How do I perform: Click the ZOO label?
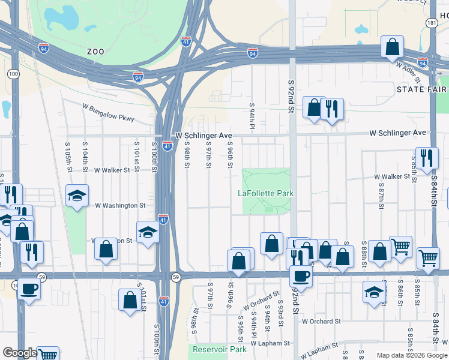click(x=95, y=52)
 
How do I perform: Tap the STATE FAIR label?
click(x=421, y=89)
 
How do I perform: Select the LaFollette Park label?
click(x=266, y=193)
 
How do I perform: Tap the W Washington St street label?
click(x=121, y=205)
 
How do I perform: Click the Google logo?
click(x=19, y=353)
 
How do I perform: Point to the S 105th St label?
click(x=68, y=153)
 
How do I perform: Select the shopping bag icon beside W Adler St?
click(x=392, y=47)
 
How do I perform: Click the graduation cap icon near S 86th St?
click(x=374, y=292)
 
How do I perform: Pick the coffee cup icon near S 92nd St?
click(x=301, y=275)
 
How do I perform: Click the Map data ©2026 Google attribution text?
click(x=411, y=355)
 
